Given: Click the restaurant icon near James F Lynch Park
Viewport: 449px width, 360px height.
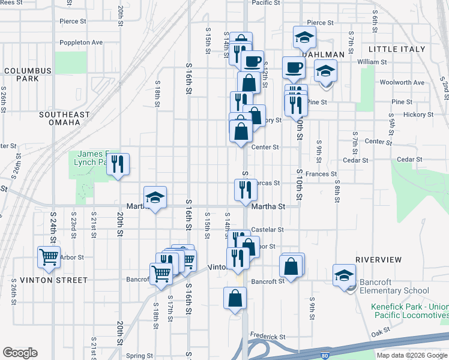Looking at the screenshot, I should point(118,164).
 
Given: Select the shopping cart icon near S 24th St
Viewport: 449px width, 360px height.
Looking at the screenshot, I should point(49,257).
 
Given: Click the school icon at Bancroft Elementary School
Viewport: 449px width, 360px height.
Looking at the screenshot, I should point(344,275).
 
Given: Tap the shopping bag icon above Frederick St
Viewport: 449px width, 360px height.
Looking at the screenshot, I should point(235,298).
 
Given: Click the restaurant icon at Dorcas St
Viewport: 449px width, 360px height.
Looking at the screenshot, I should point(246,190).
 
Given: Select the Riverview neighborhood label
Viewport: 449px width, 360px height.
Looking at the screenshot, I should point(378,259).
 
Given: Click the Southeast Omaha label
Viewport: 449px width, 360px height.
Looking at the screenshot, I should point(64,118).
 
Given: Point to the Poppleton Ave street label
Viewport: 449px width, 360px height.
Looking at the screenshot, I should point(81,43).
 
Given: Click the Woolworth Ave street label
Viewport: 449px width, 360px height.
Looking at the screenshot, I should point(402,82).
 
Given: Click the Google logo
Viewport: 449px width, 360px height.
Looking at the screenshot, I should point(20,353).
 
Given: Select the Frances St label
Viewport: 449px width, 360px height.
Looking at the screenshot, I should point(321,174).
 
